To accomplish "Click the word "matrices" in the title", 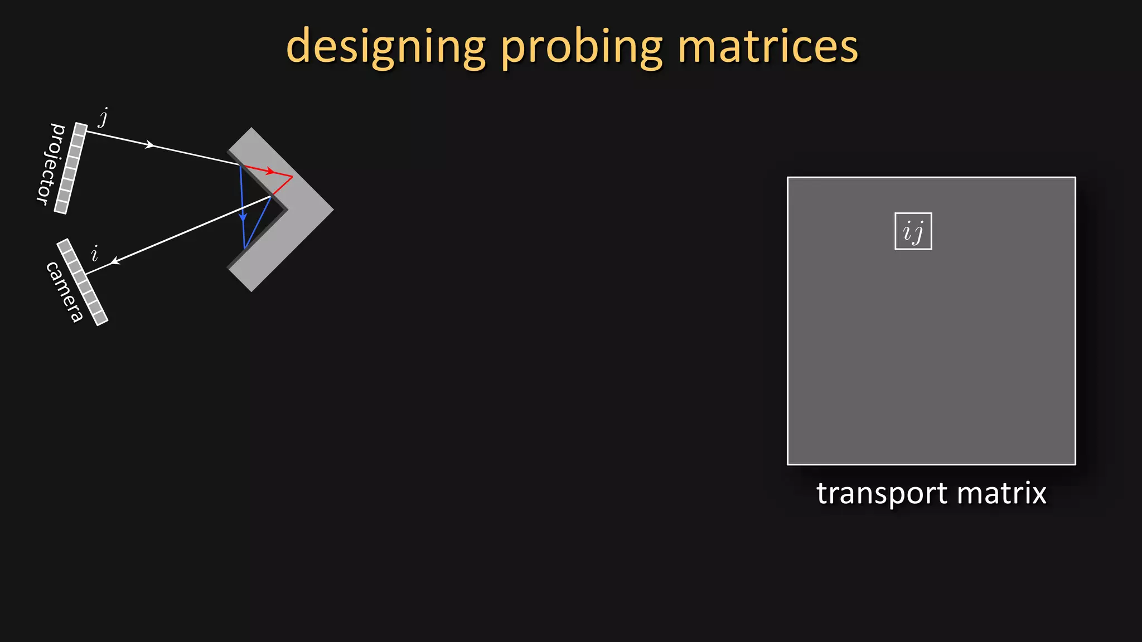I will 768,47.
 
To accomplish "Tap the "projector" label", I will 51,164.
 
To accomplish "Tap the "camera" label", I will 65,291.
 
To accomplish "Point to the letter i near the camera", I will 95,254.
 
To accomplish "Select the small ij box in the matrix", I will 913,231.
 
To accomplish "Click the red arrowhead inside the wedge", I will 270,171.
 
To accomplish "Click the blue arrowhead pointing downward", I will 243,217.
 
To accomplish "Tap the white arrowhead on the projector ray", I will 149,145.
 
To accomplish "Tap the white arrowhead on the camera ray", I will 114,261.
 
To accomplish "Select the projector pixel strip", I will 71,168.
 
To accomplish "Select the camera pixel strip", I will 82,282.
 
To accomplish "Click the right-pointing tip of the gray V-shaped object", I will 333,210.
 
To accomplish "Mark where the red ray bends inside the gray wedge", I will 292,177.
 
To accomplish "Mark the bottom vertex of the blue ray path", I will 244,248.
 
